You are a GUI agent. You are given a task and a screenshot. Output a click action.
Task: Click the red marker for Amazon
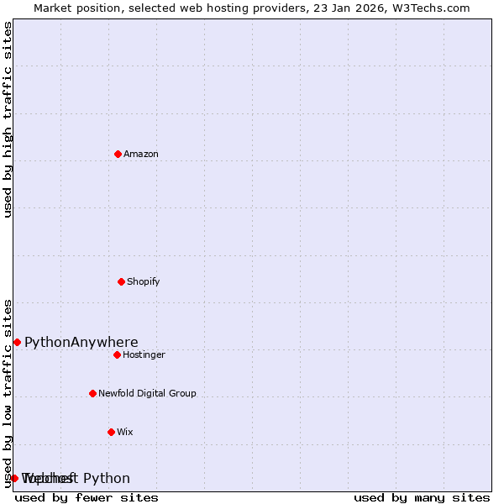click(118, 154)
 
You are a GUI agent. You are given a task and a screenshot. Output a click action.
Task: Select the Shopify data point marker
click(121, 281)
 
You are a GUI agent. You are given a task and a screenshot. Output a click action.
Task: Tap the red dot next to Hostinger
click(117, 354)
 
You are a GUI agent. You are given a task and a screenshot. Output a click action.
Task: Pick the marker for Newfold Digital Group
click(92, 393)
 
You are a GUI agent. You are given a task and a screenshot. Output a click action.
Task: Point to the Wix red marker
click(111, 432)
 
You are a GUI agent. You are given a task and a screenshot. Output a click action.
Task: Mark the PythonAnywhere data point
click(17, 342)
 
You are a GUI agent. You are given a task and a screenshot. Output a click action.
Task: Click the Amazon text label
click(141, 154)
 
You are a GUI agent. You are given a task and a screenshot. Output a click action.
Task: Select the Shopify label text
click(144, 281)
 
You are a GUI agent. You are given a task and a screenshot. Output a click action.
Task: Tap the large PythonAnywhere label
click(81, 342)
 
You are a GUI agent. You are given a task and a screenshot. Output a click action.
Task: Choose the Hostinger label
click(144, 354)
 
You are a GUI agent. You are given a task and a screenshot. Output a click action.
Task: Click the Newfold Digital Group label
click(147, 393)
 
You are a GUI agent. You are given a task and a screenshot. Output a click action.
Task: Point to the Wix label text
click(125, 432)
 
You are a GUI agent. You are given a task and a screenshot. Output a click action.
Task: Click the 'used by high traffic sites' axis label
click(8, 119)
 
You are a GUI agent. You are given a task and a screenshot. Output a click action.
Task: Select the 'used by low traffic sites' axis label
click(8, 392)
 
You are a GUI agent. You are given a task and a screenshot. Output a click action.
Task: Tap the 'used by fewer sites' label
click(87, 498)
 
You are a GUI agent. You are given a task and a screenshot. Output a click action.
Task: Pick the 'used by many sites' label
click(422, 498)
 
